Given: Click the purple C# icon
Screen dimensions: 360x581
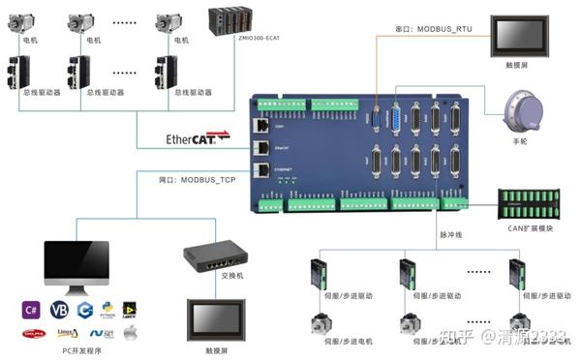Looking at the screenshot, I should click(31, 310).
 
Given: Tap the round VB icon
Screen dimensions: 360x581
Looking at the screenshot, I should click(58, 310).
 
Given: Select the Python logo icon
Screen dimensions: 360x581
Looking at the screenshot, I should click(107, 310).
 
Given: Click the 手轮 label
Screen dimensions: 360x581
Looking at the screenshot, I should click(522, 141).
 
